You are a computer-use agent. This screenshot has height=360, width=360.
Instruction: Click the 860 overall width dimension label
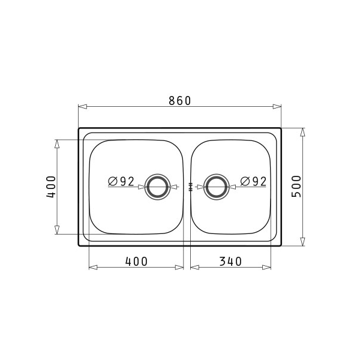(180, 101)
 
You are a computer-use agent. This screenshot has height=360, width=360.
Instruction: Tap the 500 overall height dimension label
(296, 186)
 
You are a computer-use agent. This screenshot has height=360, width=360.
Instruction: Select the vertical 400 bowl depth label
(51, 187)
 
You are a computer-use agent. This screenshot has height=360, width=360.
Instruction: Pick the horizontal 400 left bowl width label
(136, 262)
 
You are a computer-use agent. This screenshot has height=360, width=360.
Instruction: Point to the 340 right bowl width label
(230, 262)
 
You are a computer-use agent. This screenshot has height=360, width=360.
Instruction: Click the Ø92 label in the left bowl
(121, 181)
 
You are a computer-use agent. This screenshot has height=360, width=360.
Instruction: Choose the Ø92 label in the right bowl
(253, 181)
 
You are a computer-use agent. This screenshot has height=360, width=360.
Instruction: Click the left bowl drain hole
(157, 187)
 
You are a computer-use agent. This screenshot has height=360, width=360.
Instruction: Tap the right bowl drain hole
(216, 187)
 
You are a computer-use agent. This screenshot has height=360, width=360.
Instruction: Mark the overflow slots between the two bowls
(190, 187)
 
